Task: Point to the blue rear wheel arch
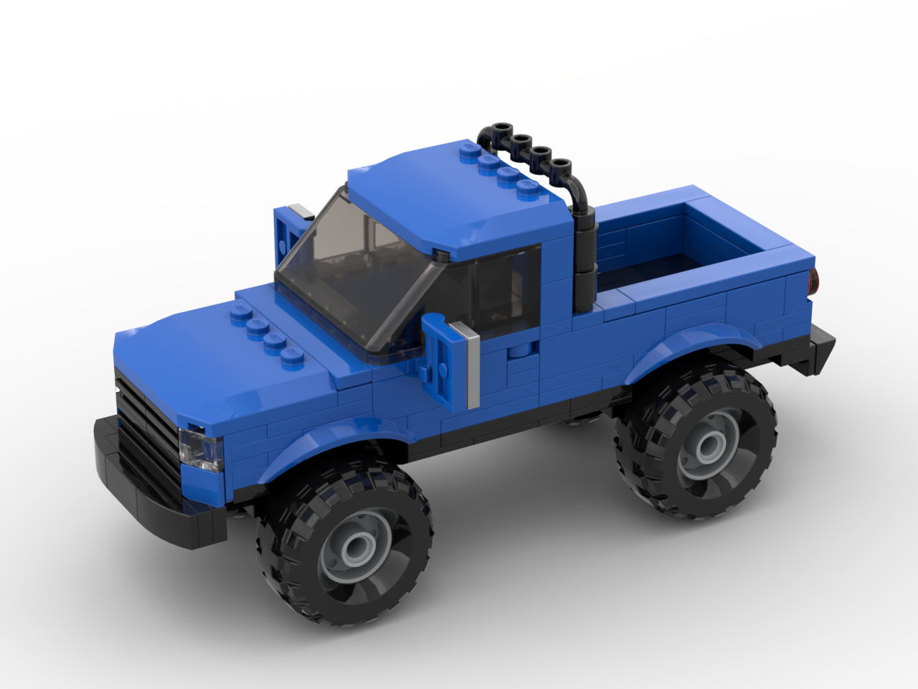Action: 688,344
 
